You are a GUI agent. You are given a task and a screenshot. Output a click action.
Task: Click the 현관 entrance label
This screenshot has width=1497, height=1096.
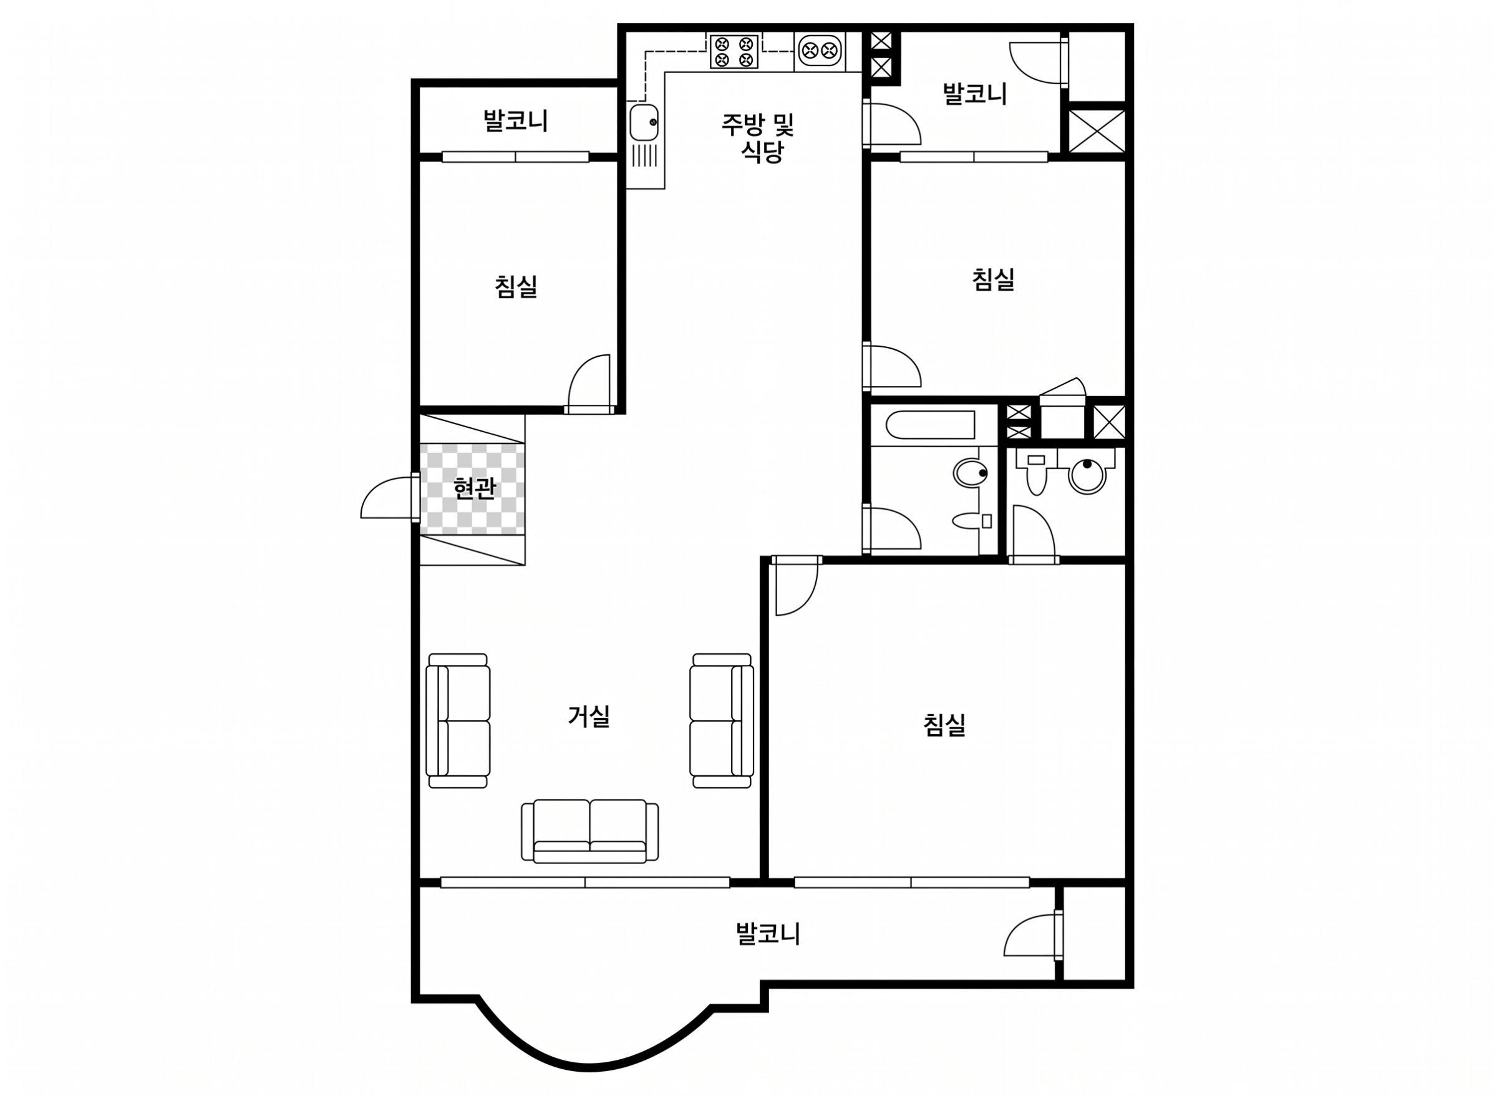[474, 489]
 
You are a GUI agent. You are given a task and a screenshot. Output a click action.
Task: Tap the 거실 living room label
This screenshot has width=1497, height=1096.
[588, 716]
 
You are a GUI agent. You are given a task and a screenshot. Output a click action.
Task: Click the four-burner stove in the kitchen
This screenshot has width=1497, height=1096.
[734, 51]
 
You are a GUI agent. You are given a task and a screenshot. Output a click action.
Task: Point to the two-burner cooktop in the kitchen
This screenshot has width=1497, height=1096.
[820, 51]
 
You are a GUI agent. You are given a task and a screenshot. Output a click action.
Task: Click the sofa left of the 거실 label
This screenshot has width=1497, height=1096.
[458, 720]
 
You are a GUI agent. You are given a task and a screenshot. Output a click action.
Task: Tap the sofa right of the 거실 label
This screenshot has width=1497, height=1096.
[722, 720]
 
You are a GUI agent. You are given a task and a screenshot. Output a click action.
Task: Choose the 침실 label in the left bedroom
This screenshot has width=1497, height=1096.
[515, 286]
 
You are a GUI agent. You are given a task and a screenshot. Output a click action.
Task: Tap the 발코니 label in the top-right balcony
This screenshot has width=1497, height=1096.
[974, 94]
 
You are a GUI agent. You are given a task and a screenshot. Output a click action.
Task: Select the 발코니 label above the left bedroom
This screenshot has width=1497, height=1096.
[515, 121]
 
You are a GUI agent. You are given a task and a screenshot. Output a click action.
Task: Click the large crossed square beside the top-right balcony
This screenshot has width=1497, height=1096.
[1098, 132]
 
